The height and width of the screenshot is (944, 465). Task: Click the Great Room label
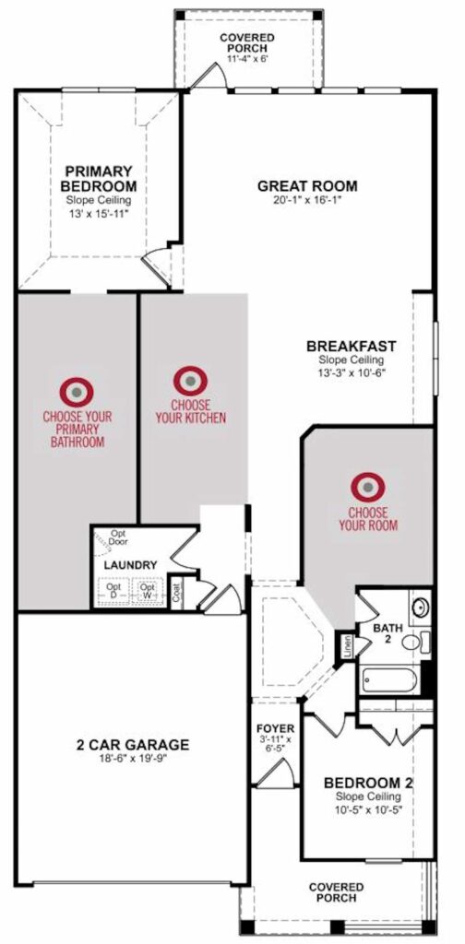click(x=307, y=186)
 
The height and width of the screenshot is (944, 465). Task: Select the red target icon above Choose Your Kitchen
click(x=190, y=381)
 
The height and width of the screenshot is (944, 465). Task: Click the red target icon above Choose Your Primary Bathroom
click(x=77, y=392)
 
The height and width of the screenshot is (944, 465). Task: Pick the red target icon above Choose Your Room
click(x=368, y=487)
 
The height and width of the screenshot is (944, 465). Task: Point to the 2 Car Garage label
click(x=133, y=745)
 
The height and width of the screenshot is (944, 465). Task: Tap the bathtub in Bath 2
click(x=390, y=678)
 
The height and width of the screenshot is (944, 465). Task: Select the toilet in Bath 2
click(x=415, y=642)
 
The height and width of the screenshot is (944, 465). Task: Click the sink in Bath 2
click(x=421, y=607)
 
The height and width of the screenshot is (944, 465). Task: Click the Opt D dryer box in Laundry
click(x=113, y=591)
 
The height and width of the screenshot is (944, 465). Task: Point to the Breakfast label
click(x=352, y=347)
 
